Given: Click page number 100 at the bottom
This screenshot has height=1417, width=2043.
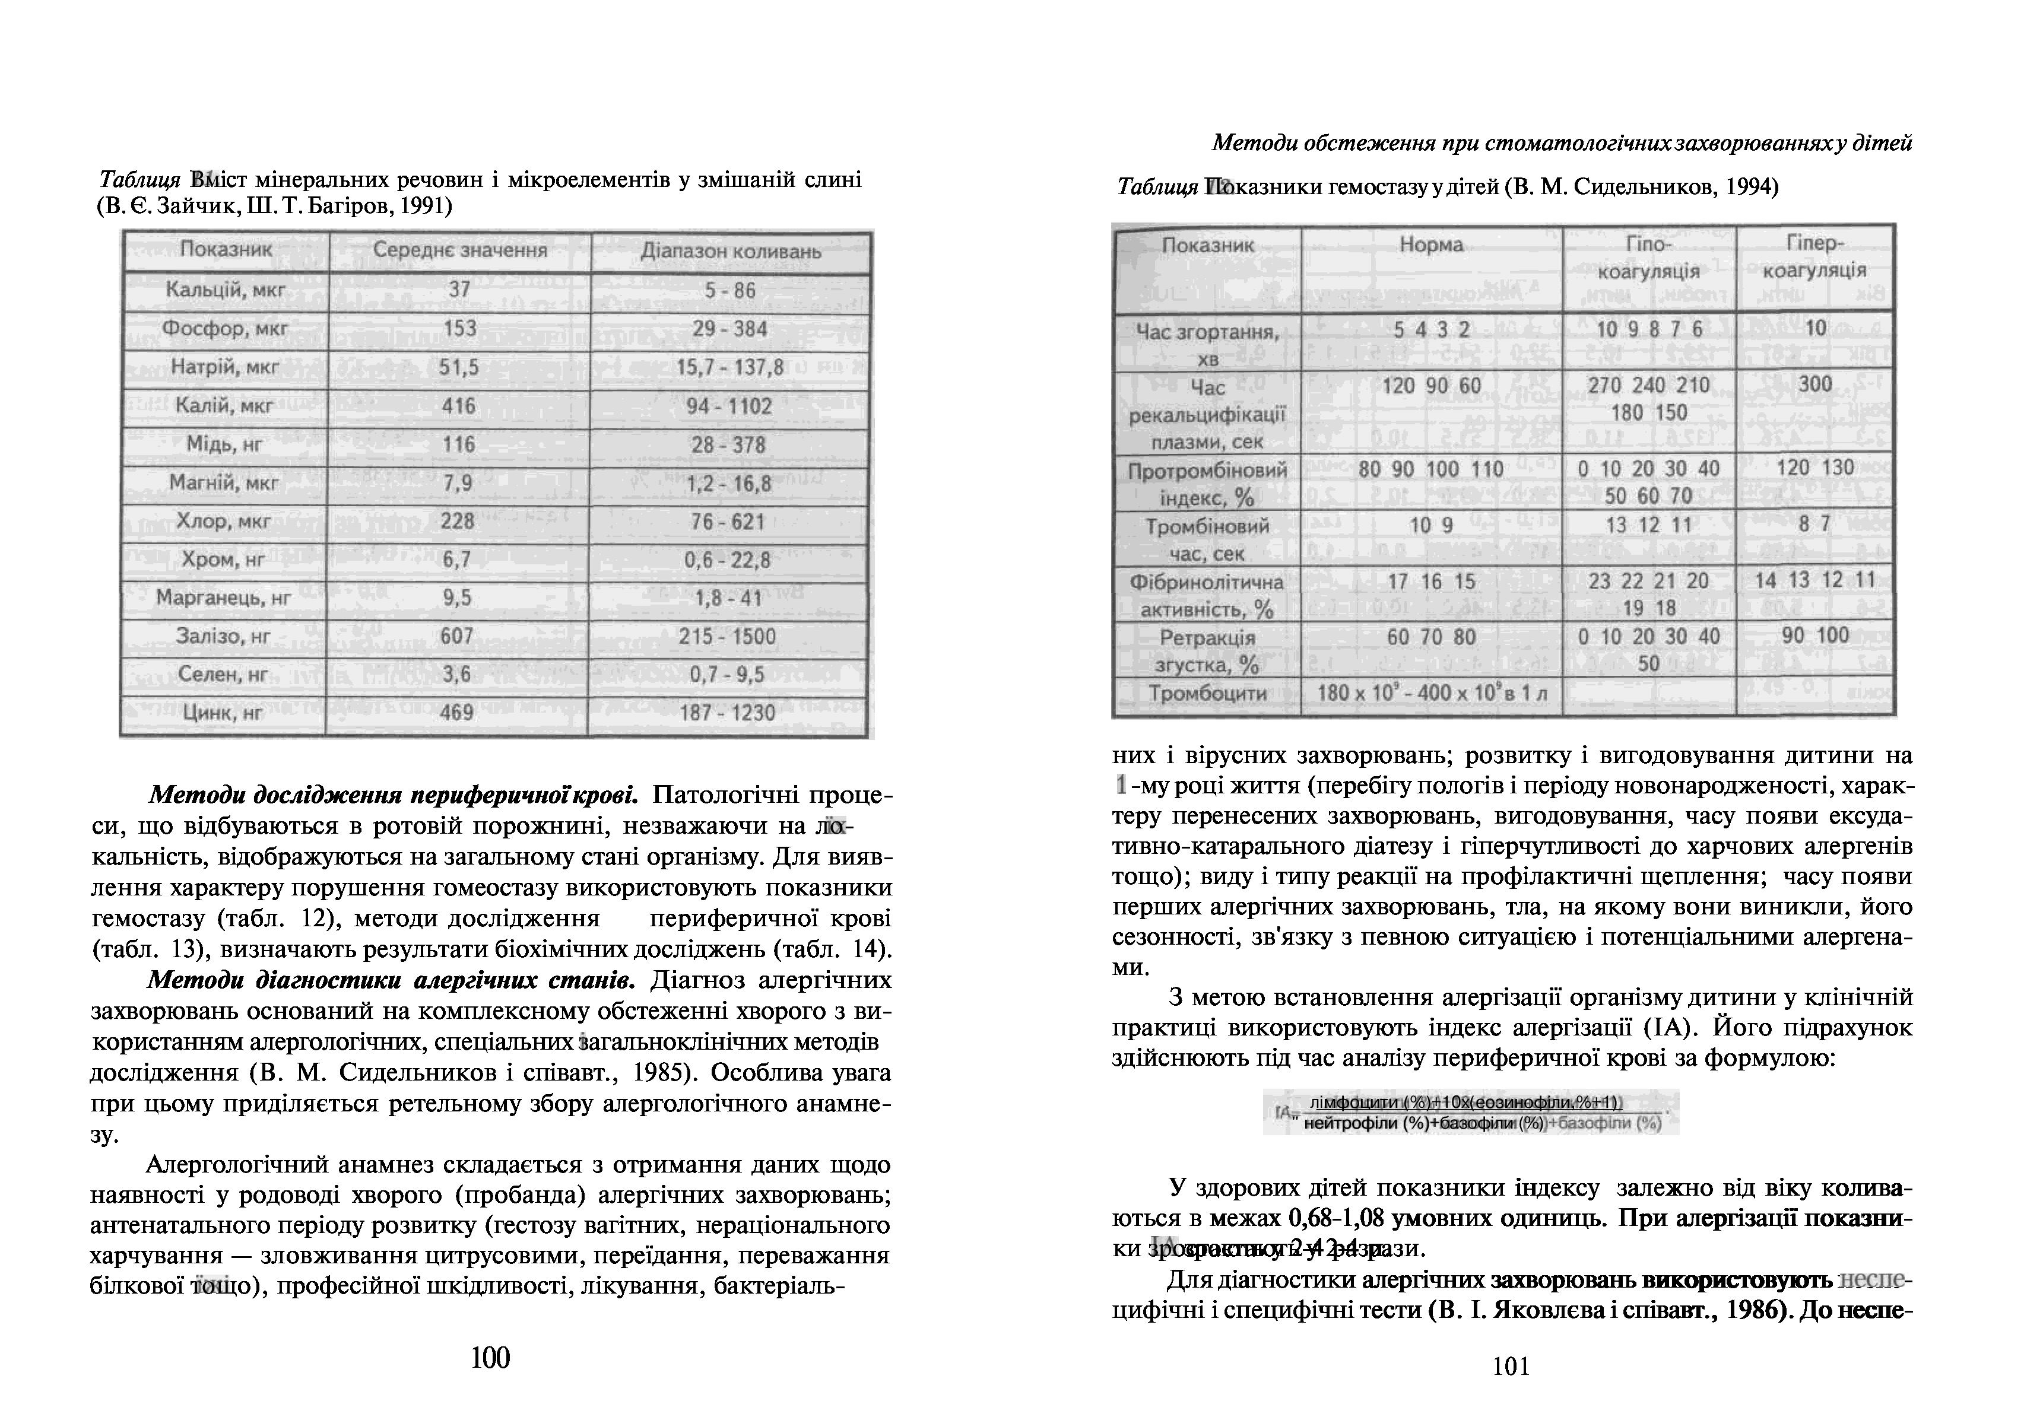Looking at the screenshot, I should pos(490,1358).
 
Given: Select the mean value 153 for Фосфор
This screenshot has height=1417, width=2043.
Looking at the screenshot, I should pos(460,329).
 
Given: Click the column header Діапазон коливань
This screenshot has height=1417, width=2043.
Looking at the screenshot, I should pos(731,251).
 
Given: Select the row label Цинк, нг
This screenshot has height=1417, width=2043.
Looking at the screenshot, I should pos(223,713).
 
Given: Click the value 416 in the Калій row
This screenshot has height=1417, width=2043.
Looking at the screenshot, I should pos(459,406).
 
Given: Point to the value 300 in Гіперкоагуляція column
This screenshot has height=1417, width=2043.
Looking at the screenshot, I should pos(1815,385).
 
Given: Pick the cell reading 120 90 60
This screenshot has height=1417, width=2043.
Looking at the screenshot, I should pos(1431,385).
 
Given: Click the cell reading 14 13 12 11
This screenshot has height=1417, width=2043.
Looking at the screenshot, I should pos(1815,581).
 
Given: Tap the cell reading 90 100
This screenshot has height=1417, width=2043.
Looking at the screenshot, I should pos(1815,636).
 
